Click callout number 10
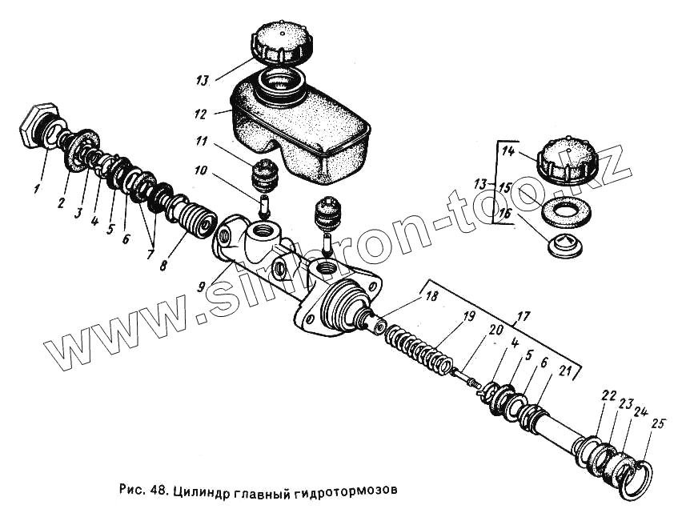tap(199, 170)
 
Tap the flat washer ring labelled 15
tap(564, 211)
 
